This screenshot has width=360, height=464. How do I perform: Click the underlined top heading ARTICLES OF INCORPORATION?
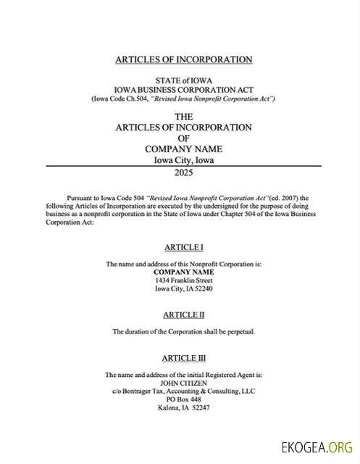[183, 59]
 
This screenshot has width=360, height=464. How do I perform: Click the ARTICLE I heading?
[183, 247]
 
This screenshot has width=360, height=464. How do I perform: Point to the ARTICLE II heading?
[183, 315]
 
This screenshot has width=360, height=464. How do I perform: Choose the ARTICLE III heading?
[183, 358]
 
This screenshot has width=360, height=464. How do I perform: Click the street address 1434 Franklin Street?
[183, 280]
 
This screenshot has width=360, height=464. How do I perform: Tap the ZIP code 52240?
[203, 289]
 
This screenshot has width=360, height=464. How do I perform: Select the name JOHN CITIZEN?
[183, 383]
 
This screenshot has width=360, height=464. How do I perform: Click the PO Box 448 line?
[183, 399]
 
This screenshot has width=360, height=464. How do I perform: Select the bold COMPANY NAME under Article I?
[183, 271]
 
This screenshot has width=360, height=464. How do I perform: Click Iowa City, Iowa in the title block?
[183, 160]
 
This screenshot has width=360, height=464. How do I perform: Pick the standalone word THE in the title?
[184, 116]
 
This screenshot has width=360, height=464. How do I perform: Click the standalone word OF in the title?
[183, 138]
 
